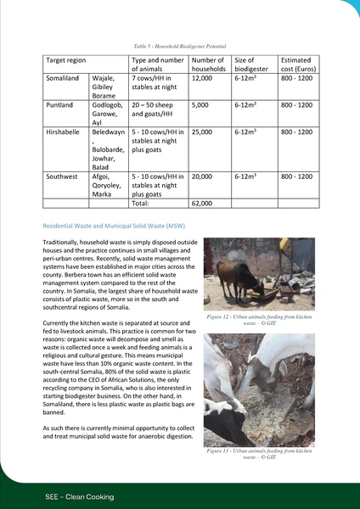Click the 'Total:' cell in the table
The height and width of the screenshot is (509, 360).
pos(143,204)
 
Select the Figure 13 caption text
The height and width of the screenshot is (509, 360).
pos(259,454)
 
